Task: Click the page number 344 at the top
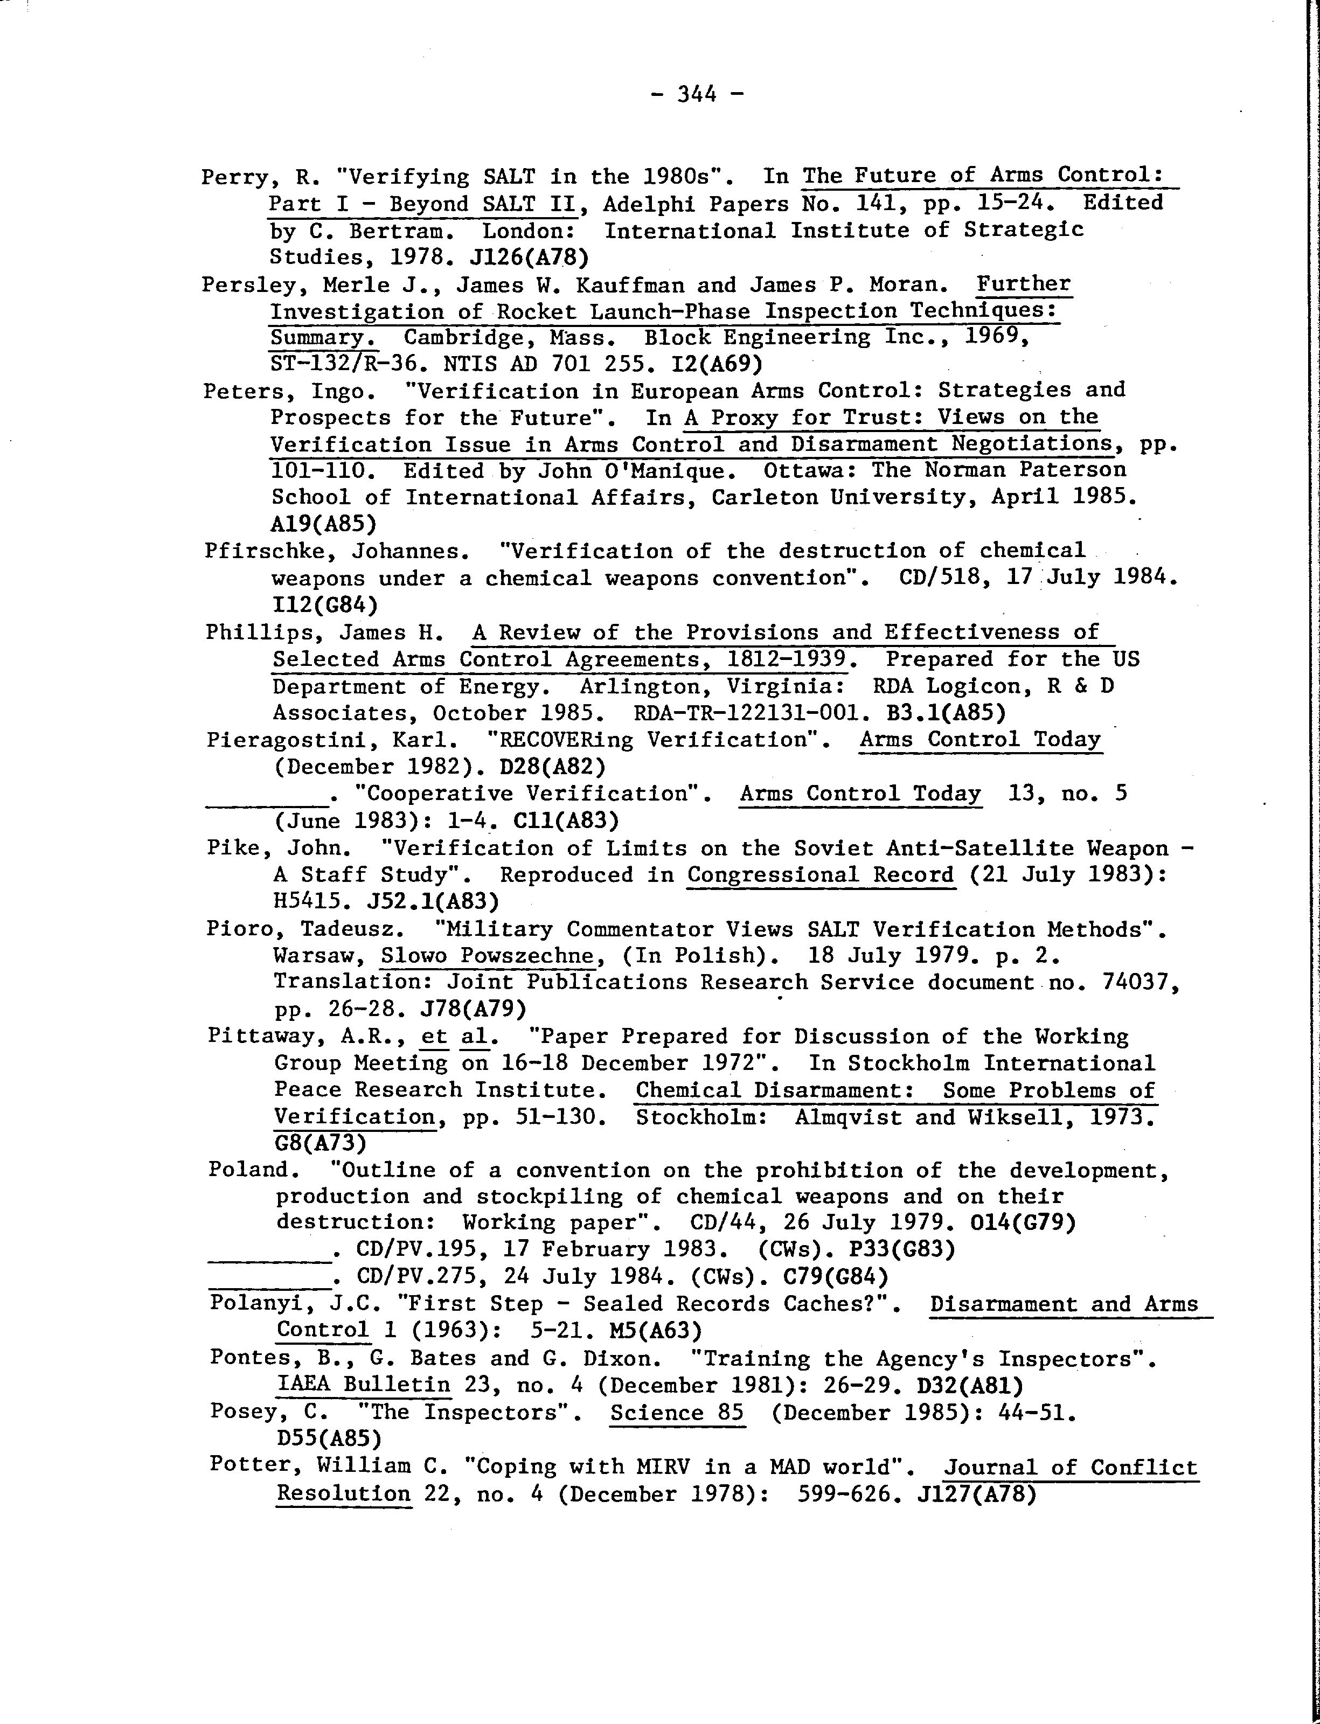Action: (x=696, y=95)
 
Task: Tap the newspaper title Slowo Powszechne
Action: (x=487, y=956)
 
